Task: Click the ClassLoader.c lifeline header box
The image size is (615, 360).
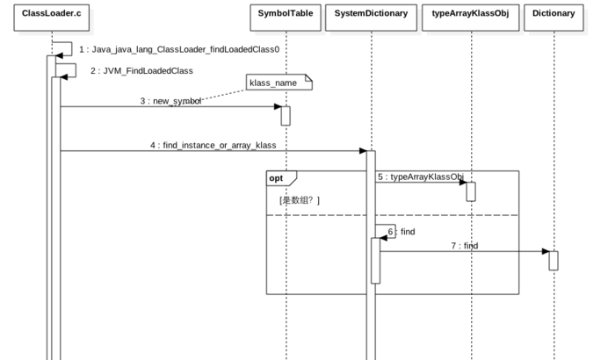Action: tap(51, 18)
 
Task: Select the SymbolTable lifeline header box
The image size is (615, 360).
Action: tap(286, 18)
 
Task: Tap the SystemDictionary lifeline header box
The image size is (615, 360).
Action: tap(371, 18)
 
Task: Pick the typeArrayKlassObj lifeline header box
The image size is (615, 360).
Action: tap(471, 18)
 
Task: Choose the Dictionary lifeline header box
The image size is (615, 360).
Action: tap(553, 18)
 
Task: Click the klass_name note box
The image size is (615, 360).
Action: tap(279, 83)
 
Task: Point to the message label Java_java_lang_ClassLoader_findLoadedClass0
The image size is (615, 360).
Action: tap(185, 49)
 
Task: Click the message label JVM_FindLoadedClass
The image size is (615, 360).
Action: tap(148, 71)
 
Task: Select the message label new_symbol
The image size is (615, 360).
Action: tap(177, 101)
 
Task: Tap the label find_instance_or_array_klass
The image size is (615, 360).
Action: tap(220, 146)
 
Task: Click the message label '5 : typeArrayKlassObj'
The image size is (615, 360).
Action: tap(421, 176)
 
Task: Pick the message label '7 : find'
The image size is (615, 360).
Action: tap(465, 246)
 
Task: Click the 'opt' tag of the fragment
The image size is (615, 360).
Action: tap(276, 178)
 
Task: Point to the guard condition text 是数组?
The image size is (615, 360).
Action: tap(300, 200)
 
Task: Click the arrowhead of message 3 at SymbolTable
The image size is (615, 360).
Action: tap(278, 106)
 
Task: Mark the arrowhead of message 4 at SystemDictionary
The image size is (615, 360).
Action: tap(363, 151)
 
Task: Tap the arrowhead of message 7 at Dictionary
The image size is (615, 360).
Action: tap(546, 251)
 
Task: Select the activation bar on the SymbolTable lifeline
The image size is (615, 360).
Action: tap(286, 116)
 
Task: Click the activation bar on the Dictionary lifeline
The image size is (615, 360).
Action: tap(553, 261)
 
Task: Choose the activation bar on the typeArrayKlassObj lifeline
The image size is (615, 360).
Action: tap(471, 191)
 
